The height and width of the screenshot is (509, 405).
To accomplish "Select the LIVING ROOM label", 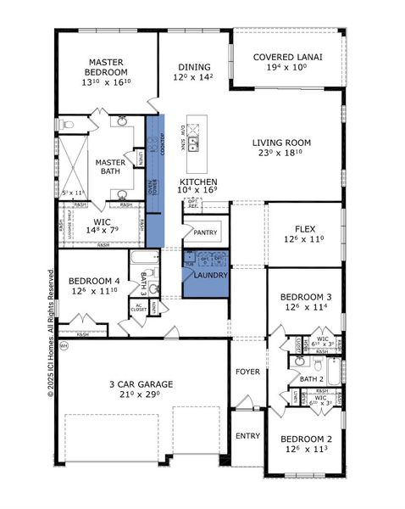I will point(281,143).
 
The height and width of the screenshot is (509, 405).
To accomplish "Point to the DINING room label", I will point(194,68).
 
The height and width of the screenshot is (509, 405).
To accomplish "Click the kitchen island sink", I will point(193,142).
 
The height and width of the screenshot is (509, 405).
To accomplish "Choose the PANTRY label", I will point(205,232).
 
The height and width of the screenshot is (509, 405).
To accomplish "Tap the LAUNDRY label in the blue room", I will point(207,275).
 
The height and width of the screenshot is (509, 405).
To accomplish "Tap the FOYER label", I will point(248,370).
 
